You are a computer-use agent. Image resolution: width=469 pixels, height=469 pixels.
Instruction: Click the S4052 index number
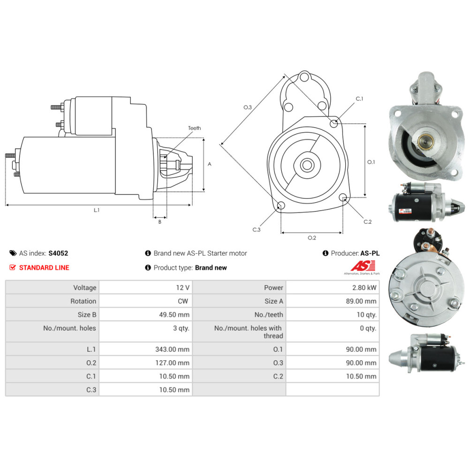click(x=58, y=253)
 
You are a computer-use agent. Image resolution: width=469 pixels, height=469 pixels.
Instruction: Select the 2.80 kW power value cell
click(x=333, y=287)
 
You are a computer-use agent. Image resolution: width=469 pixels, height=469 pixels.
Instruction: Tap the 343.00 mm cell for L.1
click(x=146, y=349)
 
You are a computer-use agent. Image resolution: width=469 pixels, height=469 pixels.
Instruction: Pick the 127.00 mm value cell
click(x=146, y=363)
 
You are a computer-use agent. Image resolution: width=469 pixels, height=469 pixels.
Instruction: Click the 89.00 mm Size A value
click(x=361, y=301)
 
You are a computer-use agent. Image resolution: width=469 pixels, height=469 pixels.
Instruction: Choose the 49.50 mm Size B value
click(x=174, y=315)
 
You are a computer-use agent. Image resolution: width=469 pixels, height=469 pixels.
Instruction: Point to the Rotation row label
click(x=83, y=301)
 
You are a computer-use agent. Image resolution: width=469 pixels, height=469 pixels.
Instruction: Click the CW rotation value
click(x=183, y=301)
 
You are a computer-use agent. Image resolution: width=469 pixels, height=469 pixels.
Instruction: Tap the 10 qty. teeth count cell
click(x=333, y=314)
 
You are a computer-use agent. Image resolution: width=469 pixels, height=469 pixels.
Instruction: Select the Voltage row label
click(x=84, y=288)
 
